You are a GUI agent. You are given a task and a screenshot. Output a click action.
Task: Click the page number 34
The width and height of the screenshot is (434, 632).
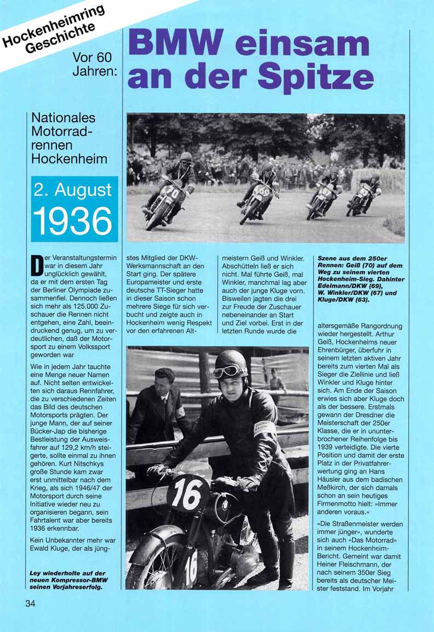tap(30, 604)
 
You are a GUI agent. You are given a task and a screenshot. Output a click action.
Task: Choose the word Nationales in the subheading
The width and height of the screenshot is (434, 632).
tap(63, 118)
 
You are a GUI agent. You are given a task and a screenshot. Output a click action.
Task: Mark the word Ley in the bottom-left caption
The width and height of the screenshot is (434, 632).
tap(36, 574)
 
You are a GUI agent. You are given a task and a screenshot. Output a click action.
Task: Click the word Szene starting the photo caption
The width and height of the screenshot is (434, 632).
tap(328, 257)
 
